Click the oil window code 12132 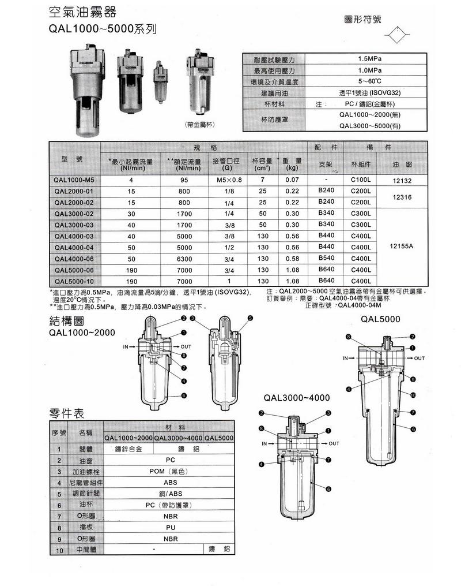(402, 181)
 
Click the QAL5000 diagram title (380, 319)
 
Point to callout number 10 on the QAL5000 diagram (413, 395)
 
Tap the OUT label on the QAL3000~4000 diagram (334, 443)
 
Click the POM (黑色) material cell (170, 471)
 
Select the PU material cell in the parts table (170, 527)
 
